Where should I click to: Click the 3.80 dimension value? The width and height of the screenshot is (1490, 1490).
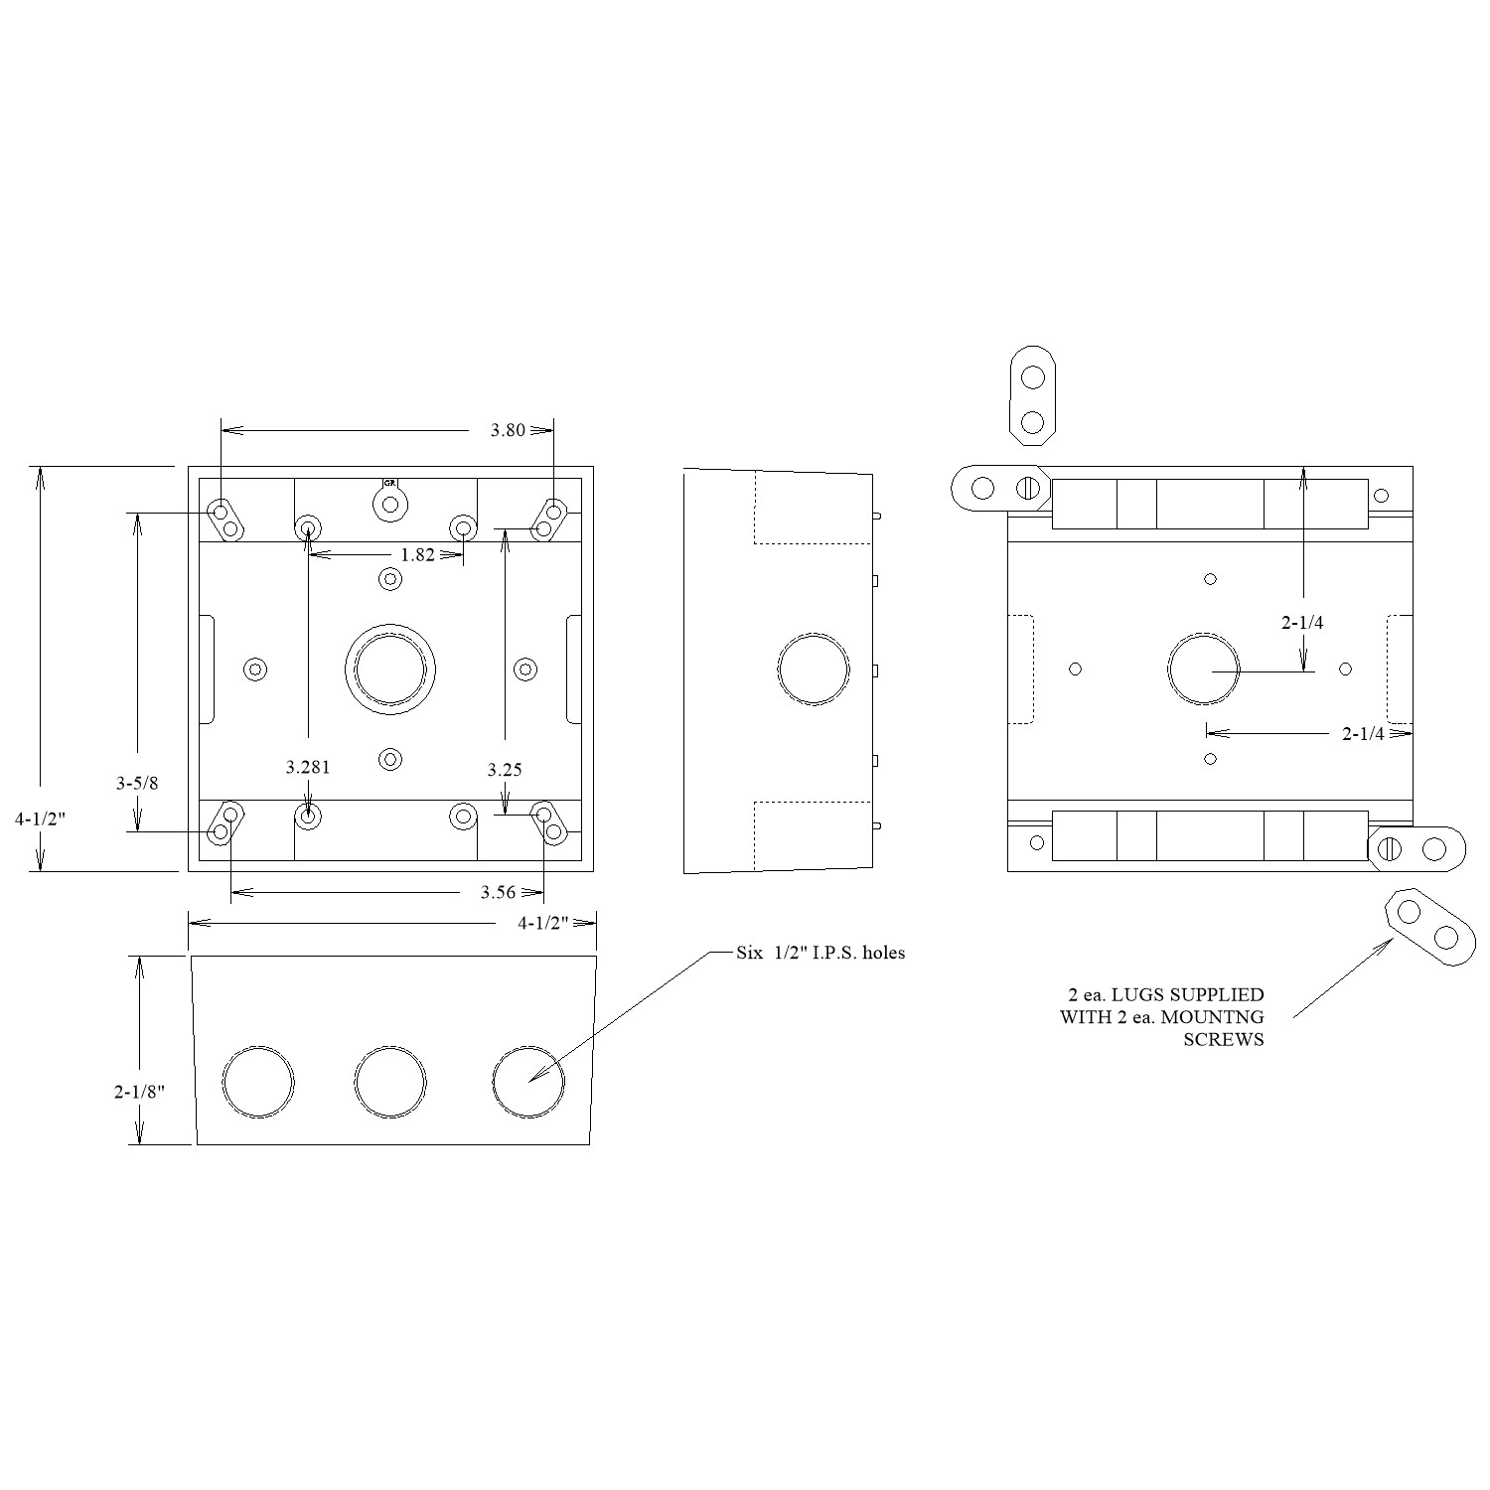click(507, 430)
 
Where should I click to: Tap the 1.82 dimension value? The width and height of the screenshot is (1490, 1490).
click(418, 555)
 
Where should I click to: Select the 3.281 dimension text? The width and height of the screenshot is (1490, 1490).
click(308, 767)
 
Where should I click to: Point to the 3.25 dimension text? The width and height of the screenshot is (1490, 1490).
click(505, 769)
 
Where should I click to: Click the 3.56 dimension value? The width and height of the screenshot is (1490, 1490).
click(498, 892)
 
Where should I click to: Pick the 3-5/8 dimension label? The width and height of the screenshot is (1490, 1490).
click(137, 783)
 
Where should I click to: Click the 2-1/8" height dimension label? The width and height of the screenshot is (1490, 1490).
click(138, 1091)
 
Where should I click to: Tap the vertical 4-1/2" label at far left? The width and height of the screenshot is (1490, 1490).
click(39, 819)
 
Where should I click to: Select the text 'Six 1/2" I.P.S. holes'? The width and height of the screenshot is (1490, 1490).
click(820, 953)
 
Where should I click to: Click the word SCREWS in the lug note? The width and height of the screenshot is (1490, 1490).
click(1224, 1040)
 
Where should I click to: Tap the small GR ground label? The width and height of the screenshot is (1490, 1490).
click(390, 482)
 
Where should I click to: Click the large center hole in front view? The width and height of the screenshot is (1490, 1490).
click(390, 669)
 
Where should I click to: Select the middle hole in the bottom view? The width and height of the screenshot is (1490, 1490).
click(390, 1083)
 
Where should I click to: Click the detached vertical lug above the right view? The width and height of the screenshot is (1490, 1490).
click(1032, 395)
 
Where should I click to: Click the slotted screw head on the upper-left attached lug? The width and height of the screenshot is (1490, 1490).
click(1029, 488)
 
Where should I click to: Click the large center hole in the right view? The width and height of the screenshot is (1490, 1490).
click(1204, 669)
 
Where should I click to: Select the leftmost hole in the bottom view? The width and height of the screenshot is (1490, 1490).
click(259, 1083)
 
